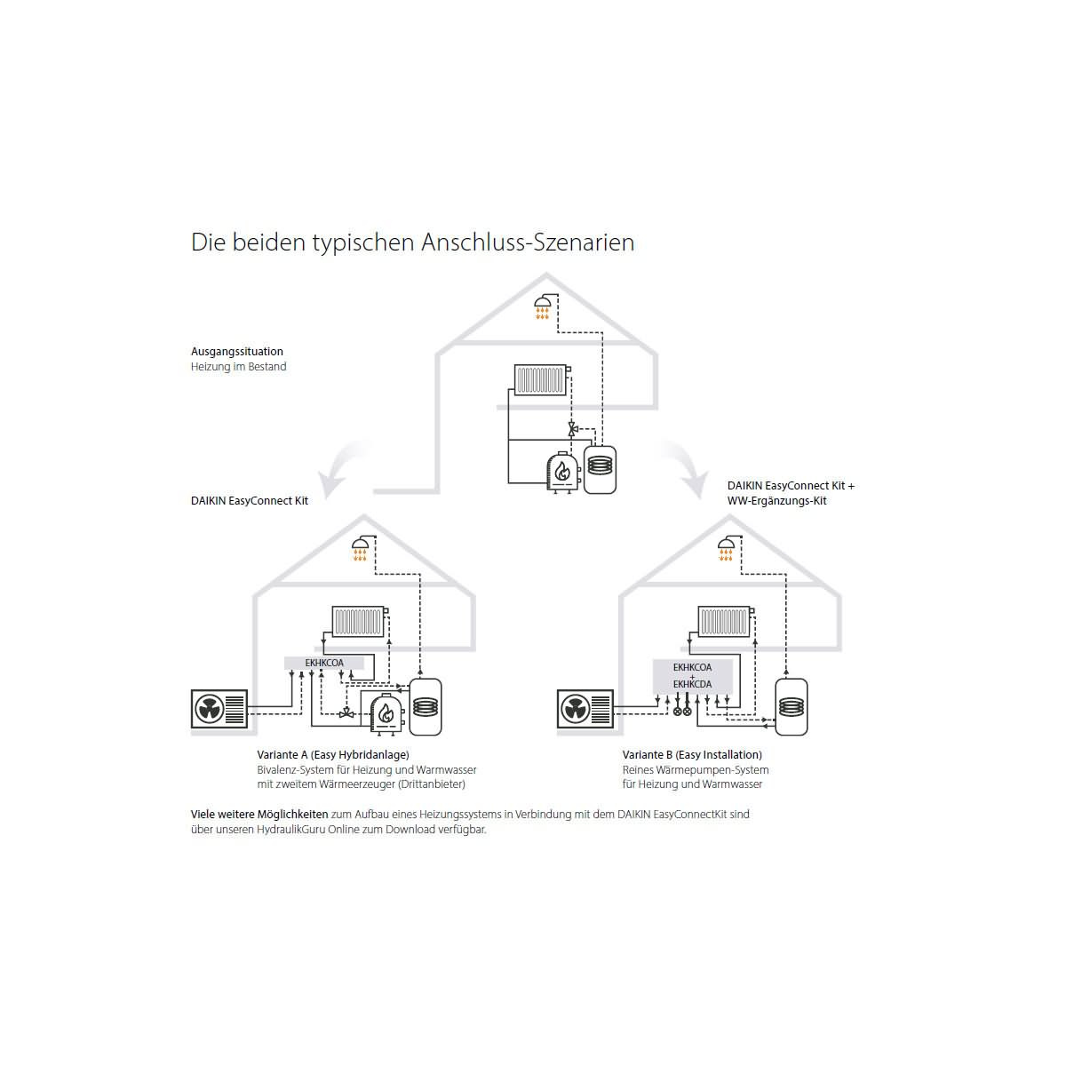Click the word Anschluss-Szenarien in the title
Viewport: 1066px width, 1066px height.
coord(527,243)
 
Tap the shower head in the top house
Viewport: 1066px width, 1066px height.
coord(542,306)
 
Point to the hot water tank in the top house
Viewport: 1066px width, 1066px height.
coord(600,469)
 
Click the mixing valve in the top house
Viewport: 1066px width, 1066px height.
coord(573,429)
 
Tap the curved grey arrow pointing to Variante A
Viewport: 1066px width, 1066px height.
coord(344,467)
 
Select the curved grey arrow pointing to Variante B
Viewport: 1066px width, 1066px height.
coord(686,467)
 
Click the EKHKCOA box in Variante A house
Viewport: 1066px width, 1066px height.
coord(324,663)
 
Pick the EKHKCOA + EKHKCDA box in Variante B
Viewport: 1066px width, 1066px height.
coord(693,676)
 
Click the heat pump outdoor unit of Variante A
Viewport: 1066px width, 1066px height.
coord(219,709)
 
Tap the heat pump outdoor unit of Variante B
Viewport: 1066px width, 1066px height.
coord(585,709)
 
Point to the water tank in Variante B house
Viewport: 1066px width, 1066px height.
coord(792,707)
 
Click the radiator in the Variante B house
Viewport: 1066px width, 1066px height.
coord(724,621)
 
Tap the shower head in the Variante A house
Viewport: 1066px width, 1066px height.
coord(360,548)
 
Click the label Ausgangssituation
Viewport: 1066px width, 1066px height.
coord(237,351)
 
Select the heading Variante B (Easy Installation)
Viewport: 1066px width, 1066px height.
coord(692,754)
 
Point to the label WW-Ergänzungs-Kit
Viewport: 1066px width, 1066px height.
coord(776,501)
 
